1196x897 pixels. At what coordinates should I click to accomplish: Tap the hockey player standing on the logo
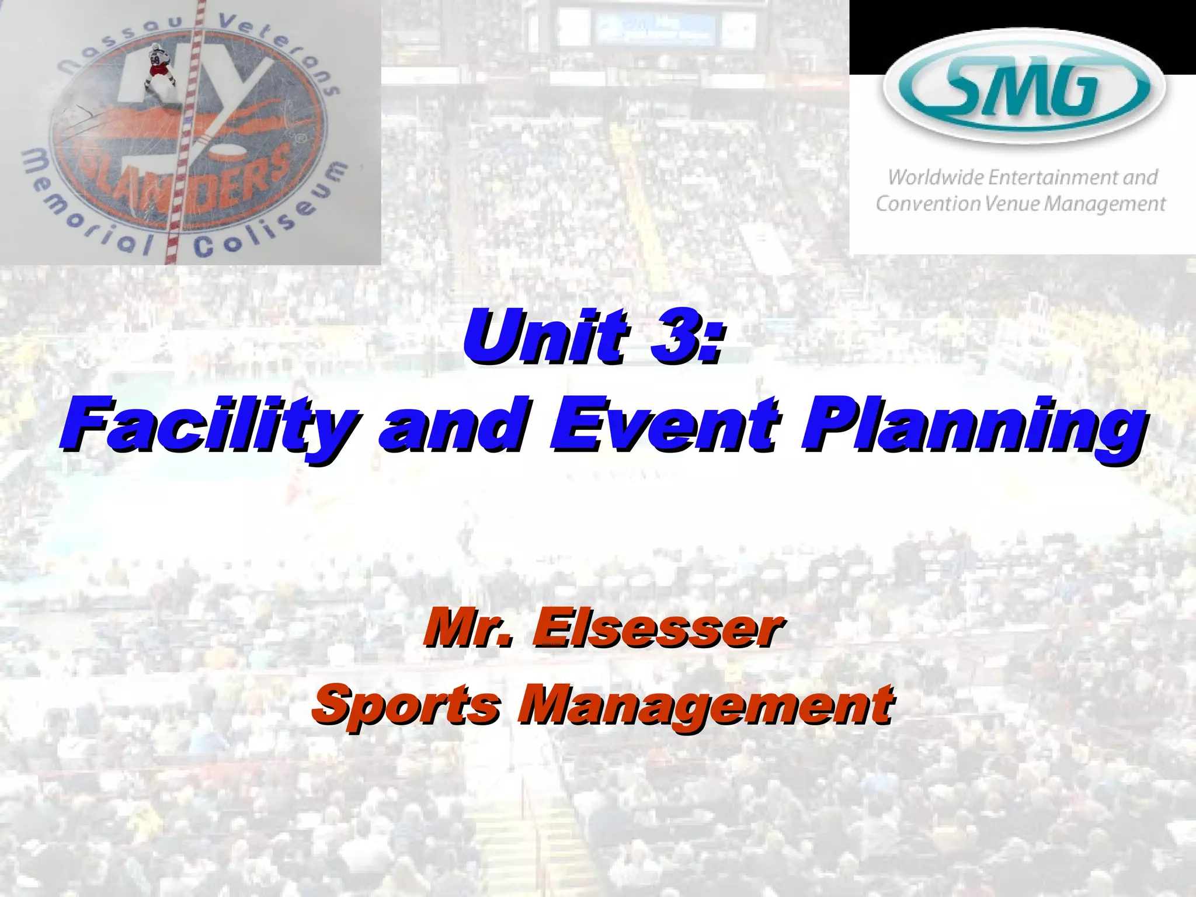coord(159,69)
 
